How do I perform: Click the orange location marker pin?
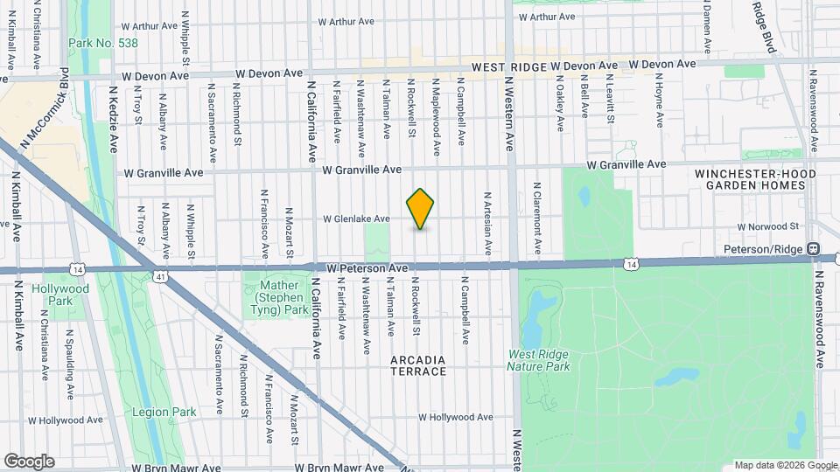[421, 209]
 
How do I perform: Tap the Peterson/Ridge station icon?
[814, 249]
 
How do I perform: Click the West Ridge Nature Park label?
[539, 360]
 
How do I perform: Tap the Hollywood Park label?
[60, 295]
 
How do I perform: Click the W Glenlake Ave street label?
[356, 219]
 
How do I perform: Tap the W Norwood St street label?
[769, 226]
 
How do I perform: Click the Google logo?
[29, 461]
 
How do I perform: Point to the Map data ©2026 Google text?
[784, 465]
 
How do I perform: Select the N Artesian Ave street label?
[487, 219]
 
